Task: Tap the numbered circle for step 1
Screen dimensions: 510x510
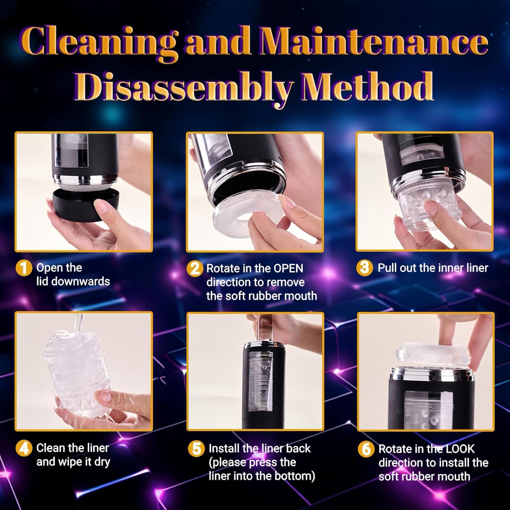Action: click(x=24, y=268)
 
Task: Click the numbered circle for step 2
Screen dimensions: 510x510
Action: click(x=194, y=269)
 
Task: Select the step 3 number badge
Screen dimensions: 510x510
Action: click(x=364, y=268)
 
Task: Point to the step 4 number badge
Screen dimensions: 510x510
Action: click(x=24, y=448)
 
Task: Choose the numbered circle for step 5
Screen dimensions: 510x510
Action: click(x=197, y=449)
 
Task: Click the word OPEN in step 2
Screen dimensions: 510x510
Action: click(x=288, y=269)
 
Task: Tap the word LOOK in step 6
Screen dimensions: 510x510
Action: click(x=460, y=449)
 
